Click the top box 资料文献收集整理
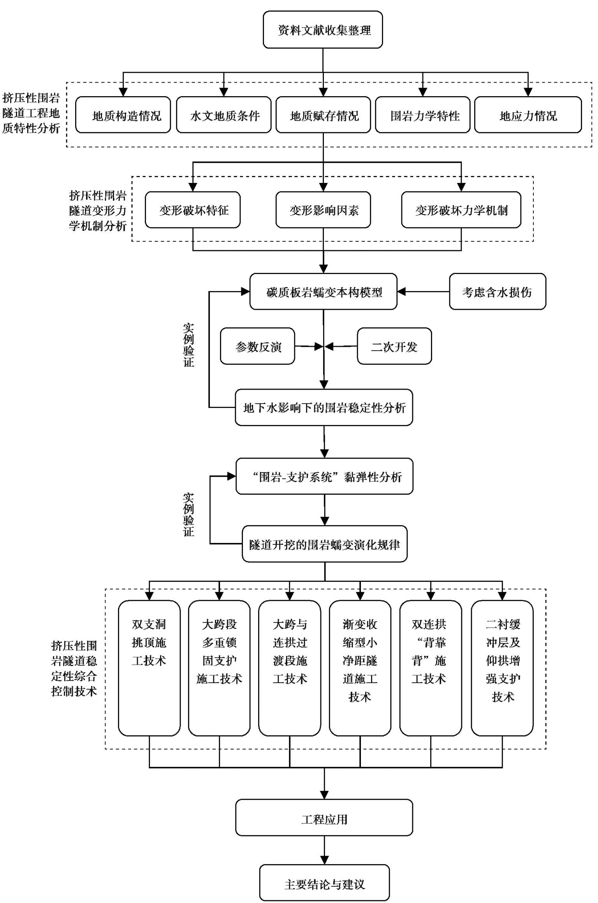click(x=323, y=30)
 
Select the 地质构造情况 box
click(x=123, y=115)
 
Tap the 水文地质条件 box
click(x=224, y=115)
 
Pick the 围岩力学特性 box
click(x=423, y=115)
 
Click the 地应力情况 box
click(x=528, y=115)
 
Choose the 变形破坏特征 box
click(x=193, y=210)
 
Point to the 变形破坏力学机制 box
click(x=461, y=210)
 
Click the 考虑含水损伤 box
click(x=498, y=292)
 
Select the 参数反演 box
click(x=257, y=346)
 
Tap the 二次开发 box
click(x=394, y=346)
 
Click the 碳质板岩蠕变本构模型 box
click(x=324, y=292)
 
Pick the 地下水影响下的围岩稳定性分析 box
click(x=324, y=408)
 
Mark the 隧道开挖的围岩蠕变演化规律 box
click(x=325, y=544)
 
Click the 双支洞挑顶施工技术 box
click(x=149, y=668)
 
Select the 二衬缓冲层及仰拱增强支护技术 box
click(x=502, y=668)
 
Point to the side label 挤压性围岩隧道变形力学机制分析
click(x=98, y=210)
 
